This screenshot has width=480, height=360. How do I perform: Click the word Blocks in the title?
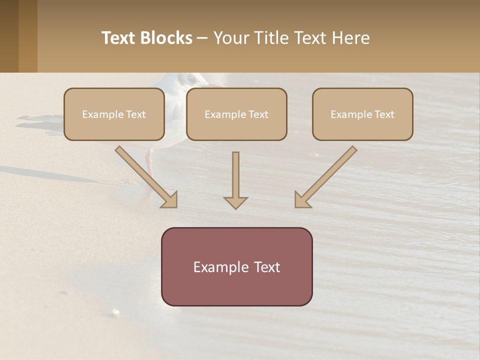click(x=166, y=38)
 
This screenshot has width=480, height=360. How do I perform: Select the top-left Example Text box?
click(x=114, y=114)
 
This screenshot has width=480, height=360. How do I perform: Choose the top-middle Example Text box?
click(x=236, y=114)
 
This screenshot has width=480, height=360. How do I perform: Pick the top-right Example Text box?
click(x=362, y=114)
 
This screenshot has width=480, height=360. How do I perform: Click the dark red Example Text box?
click(x=236, y=267)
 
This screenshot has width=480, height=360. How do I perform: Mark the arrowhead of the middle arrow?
click(x=235, y=202)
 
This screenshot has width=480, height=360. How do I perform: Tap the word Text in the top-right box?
click(x=383, y=114)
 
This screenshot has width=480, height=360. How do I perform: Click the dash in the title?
click(x=203, y=38)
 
